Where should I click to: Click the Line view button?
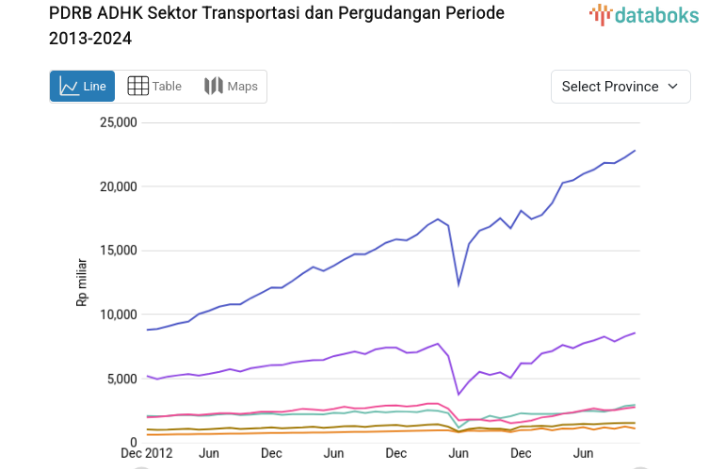point(83,87)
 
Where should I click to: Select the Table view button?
point(154,87)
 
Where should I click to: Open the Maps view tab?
point(231,87)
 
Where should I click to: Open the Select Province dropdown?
point(620,87)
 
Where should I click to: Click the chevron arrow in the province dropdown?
point(672,87)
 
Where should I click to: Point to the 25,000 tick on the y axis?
point(119,122)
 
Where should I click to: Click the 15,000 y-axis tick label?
point(119,251)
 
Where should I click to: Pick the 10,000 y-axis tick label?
point(119,315)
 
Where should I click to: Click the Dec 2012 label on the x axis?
point(145,454)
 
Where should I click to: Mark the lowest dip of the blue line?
point(459,284)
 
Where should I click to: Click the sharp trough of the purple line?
point(459,395)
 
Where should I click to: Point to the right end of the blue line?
point(635,151)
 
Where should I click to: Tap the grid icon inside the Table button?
point(137,87)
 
